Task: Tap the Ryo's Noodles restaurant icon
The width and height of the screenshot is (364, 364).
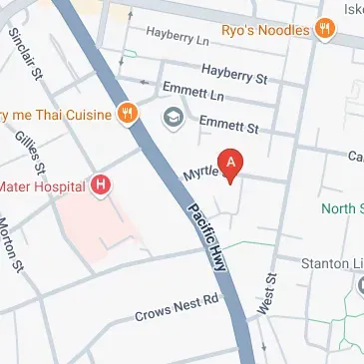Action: click(x=323, y=30)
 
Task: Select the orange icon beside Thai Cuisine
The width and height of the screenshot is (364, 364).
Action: click(x=127, y=114)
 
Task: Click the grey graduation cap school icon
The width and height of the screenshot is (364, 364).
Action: click(x=173, y=118)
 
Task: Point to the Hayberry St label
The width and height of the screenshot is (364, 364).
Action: click(x=235, y=72)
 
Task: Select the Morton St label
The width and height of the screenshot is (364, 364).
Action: click(x=11, y=245)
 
